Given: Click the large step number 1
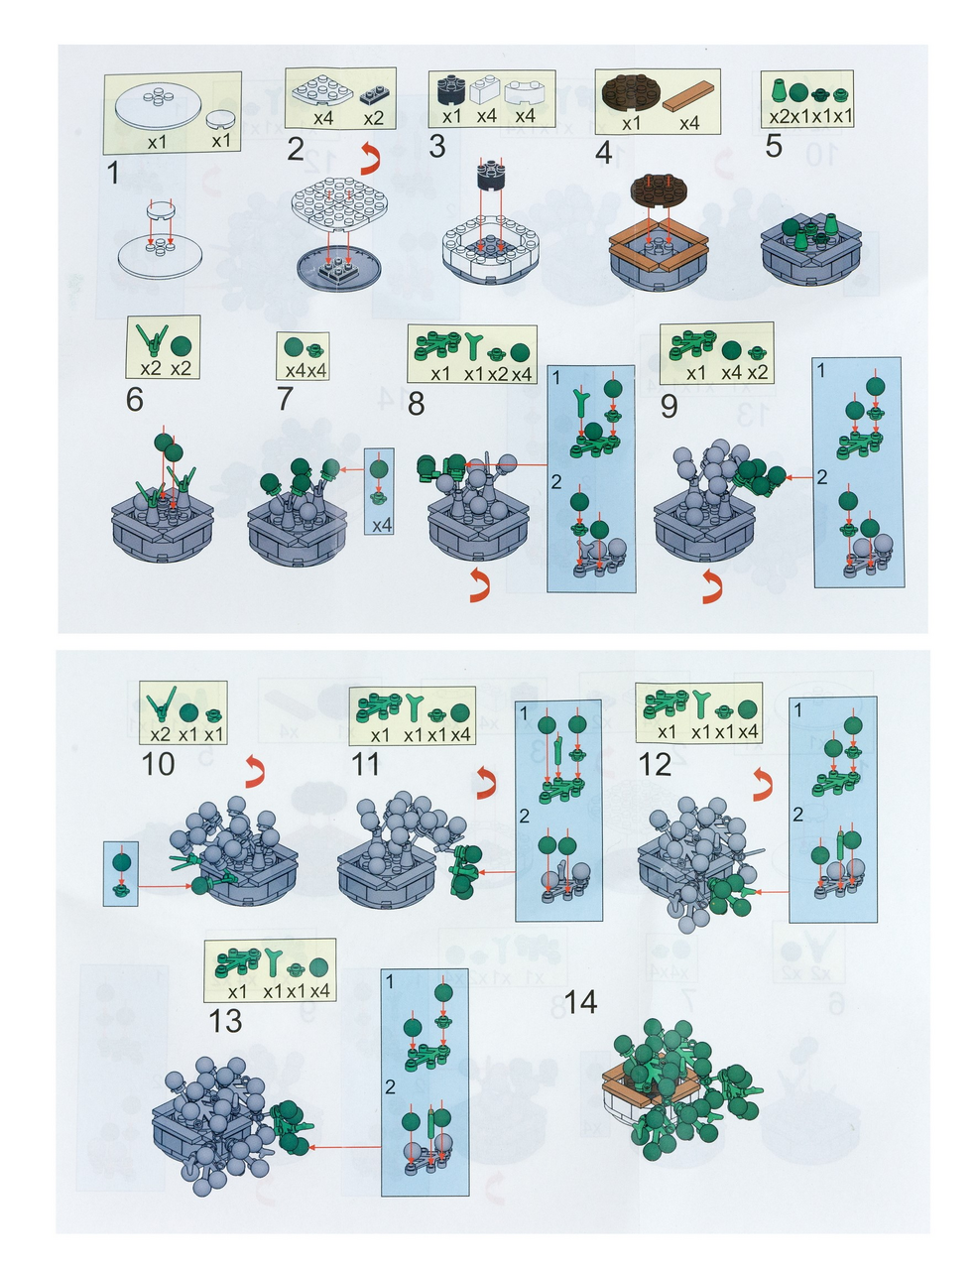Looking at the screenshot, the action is coord(113,173).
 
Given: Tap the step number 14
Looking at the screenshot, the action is coord(580,1002).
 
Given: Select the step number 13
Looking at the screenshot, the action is coord(225,1021).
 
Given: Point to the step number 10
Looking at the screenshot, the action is coord(158,763).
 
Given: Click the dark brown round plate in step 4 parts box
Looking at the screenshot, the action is coord(630,93).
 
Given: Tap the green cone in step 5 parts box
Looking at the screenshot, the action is coord(780,91).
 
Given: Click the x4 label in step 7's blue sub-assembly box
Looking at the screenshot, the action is coord(382,525).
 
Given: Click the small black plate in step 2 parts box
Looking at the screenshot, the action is coord(374,94).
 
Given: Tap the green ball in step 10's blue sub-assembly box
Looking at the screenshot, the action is coord(121,862).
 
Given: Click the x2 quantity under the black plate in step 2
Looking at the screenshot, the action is coord(374,118).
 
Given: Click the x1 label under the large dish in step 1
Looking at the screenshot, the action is coord(157,142).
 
